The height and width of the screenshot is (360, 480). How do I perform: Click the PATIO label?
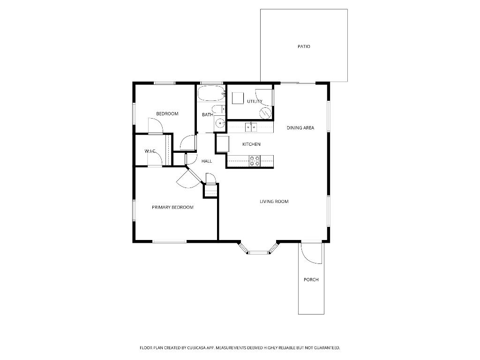(x=304, y=46)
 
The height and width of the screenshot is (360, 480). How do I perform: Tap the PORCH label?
(x=311, y=279)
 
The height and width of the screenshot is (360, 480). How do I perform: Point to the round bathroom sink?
(x=220, y=124)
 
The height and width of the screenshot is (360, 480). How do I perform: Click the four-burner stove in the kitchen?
(x=255, y=161)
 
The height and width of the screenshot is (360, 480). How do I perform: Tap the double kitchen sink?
(x=251, y=126)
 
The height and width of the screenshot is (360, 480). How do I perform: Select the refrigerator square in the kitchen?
(x=222, y=143)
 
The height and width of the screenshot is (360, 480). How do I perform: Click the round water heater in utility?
(x=265, y=113)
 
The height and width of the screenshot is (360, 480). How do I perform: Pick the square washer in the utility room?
(x=238, y=98)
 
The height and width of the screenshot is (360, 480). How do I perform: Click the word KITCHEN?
(x=251, y=144)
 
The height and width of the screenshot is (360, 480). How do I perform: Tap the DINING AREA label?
(x=300, y=127)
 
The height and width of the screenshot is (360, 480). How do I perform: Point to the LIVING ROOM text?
(x=274, y=202)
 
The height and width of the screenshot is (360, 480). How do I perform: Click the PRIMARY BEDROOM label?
(x=172, y=207)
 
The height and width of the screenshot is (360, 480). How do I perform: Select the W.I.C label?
(x=150, y=151)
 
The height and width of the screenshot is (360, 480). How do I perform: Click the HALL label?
(x=207, y=161)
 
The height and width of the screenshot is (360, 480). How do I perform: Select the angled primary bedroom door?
(x=190, y=178)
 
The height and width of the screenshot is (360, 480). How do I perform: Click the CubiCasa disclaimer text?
(x=240, y=348)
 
